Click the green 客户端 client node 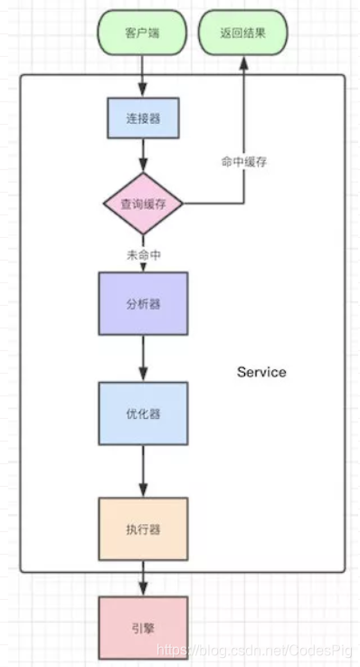point(142,34)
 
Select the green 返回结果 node point(243,34)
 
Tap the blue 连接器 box point(143,118)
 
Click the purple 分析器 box point(143,304)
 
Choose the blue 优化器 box point(143,414)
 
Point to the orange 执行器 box point(143,529)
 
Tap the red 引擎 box point(143,627)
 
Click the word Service point(261,372)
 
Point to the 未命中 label point(143,254)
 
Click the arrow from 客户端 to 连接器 point(143,77)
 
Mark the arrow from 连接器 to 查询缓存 point(143,156)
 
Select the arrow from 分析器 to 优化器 point(143,358)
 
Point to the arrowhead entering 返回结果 point(243,63)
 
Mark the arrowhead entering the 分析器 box point(143,267)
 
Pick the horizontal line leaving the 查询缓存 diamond point(213,204)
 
